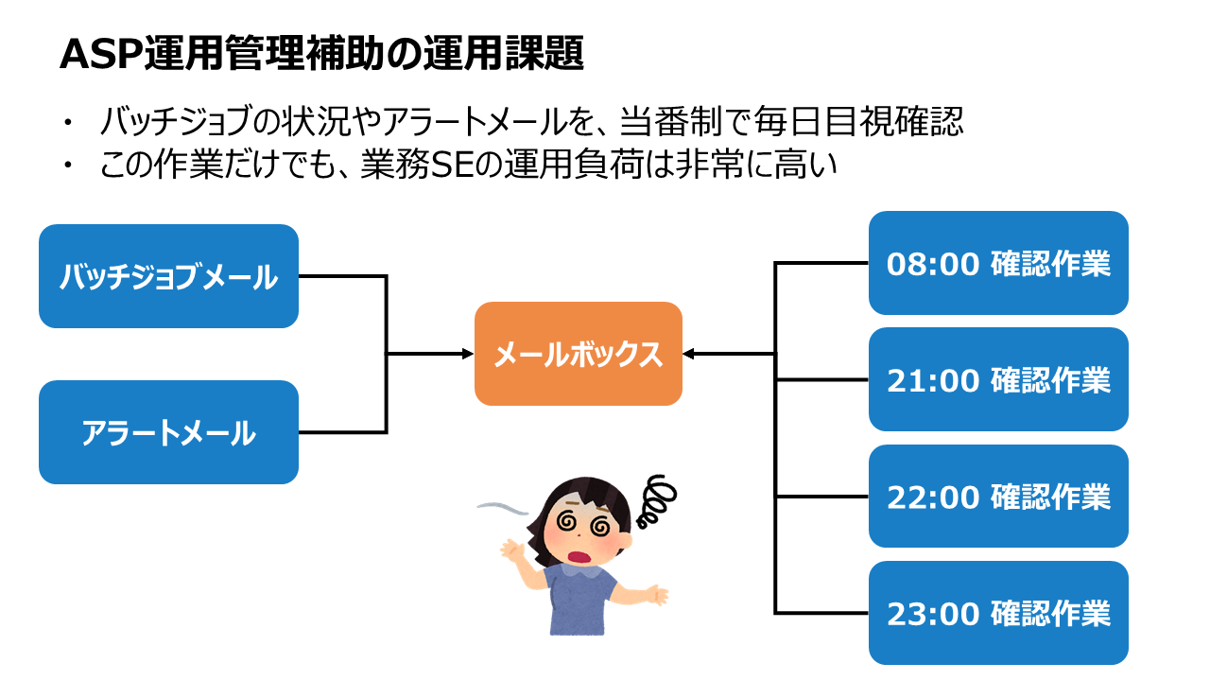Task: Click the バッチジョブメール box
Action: click(x=168, y=276)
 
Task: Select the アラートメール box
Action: click(x=168, y=432)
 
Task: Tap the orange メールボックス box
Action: click(x=578, y=354)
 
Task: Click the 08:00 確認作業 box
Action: click(x=998, y=263)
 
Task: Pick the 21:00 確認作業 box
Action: click(x=998, y=379)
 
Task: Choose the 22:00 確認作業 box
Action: click(x=998, y=497)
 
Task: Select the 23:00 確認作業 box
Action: click(x=998, y=613)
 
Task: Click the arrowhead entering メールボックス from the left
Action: click(x=468, y=354)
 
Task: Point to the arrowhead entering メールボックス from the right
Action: click(x=688, y=354)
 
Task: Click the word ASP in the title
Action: click(x=101, y=54)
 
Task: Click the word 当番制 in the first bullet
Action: click(x=671, y=121)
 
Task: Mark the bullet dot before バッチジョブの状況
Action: click(x=67, y=122)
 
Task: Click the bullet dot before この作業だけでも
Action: click(x=67, y=165)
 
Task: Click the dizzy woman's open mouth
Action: click(x=579, y=557)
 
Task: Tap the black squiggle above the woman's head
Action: click(x=656, y=501)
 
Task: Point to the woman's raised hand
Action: click(x=512, y=550)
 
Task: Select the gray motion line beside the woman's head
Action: click(x=503, y=508)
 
